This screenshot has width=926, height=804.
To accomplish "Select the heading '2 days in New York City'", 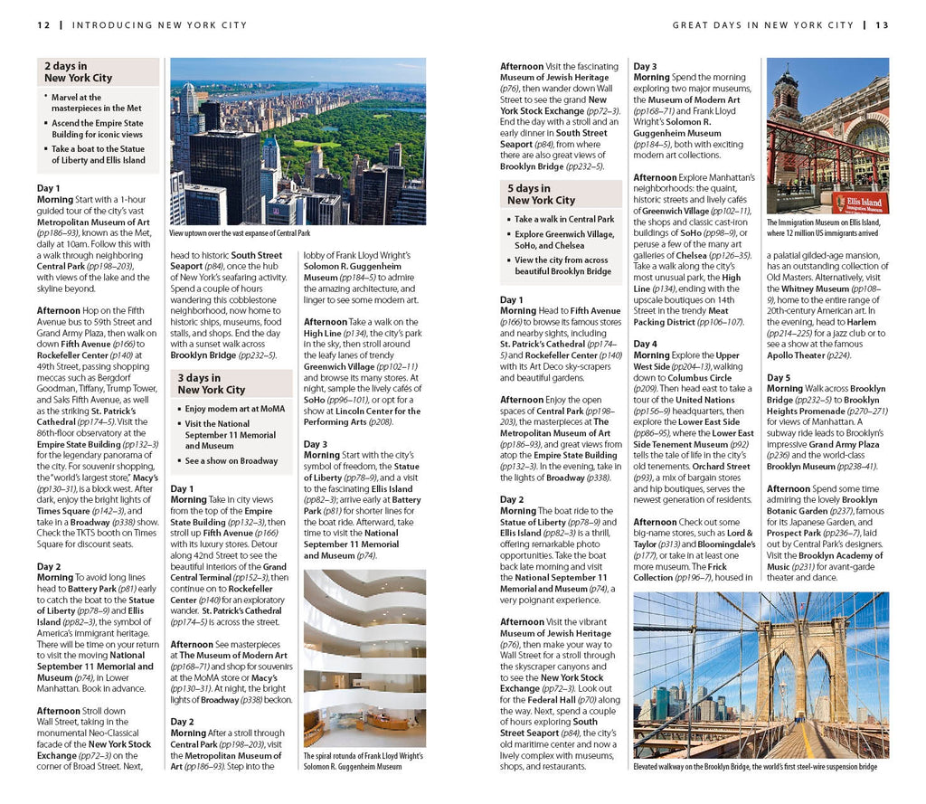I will [x=78, y=72].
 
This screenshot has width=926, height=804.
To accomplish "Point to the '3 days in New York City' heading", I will [x=211, y=383].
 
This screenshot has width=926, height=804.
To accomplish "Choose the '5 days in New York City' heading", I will [x=541, y=194].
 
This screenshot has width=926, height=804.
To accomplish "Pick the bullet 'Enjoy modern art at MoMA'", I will [x=233, y=409].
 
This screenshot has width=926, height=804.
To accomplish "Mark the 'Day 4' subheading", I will [x=646, y=345].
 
